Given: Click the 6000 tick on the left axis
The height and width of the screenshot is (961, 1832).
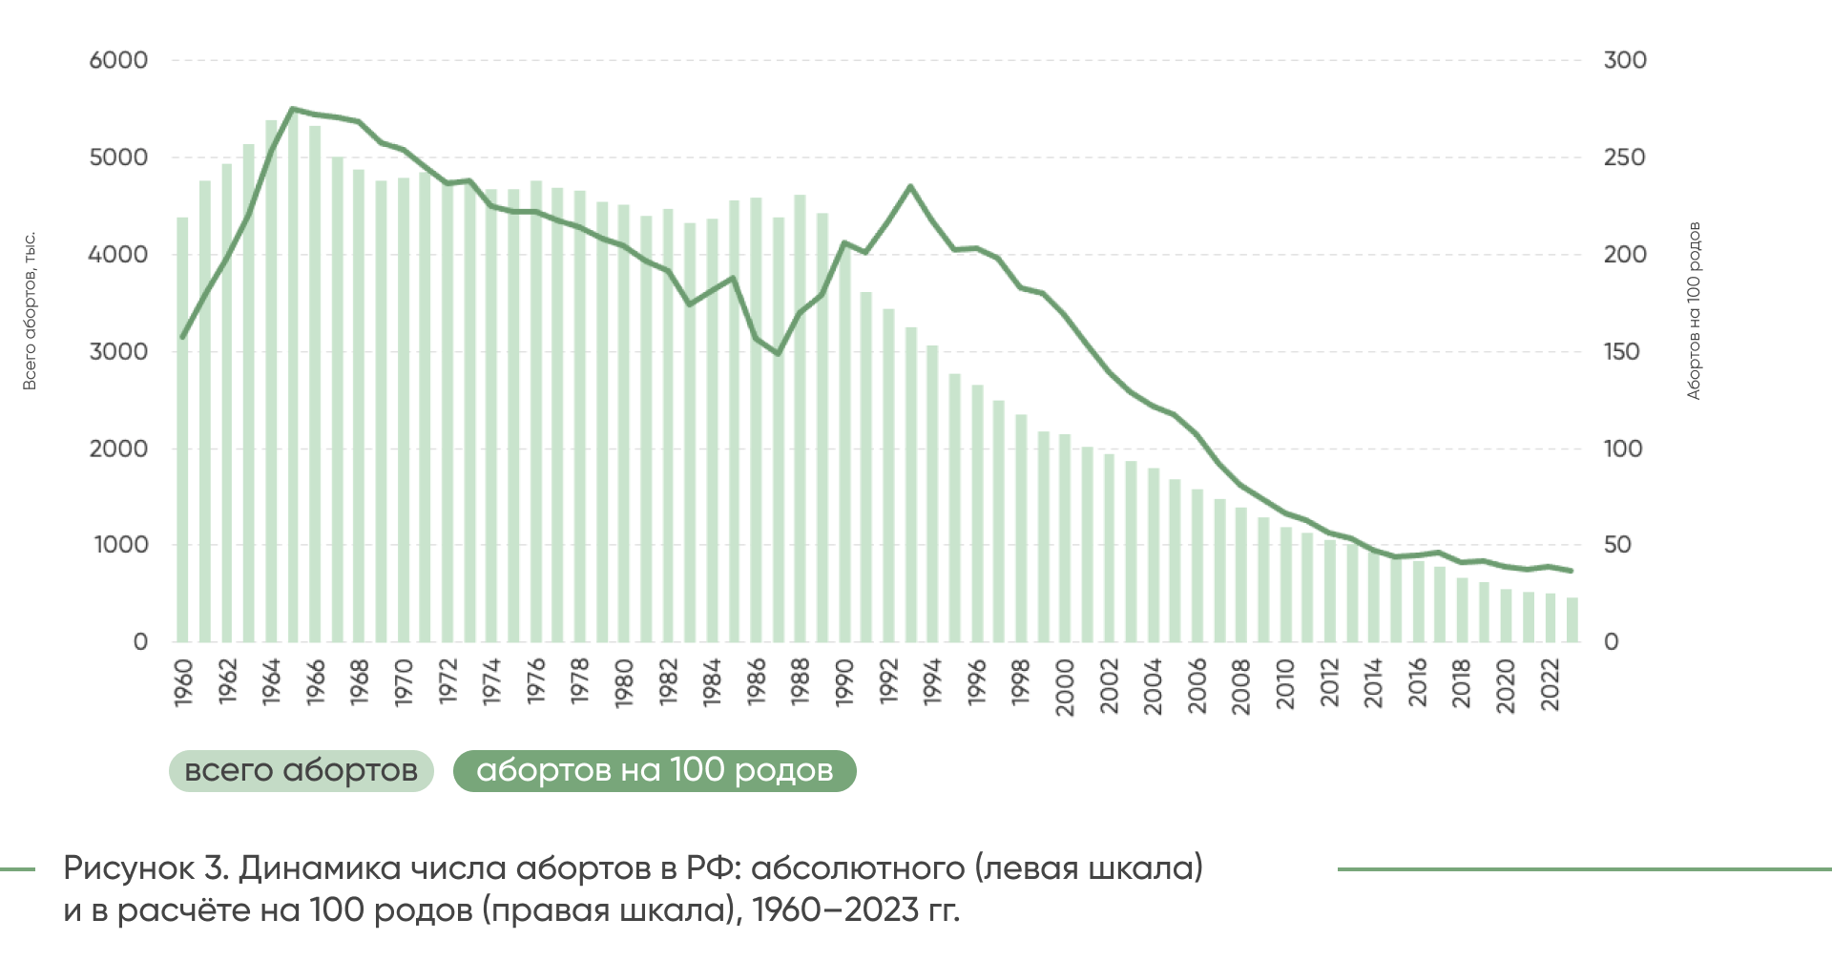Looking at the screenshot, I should click(118, 60).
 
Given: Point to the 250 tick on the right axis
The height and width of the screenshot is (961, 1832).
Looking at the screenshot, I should click(1624, 157).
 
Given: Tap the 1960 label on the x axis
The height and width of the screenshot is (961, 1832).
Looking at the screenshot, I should click(183, 682).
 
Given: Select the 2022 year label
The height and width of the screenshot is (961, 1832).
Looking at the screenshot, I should click(1551, 684).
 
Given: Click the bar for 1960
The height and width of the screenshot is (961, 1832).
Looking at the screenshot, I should click(182, 429).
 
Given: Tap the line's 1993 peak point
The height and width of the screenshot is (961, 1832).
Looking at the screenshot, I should click(910, 186).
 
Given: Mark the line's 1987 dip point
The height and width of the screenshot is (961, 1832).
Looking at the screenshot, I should click(779, 354).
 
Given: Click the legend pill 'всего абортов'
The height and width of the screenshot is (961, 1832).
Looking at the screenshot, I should click(301, 771).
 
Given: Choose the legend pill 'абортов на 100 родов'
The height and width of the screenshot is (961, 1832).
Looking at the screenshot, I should click(655, 771).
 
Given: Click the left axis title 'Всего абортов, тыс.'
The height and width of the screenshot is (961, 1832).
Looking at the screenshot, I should click(30, 311).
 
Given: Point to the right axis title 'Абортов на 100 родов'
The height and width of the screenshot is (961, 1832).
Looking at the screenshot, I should click(1694, 311).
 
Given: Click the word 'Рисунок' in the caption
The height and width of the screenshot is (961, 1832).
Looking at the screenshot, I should click(129, 868).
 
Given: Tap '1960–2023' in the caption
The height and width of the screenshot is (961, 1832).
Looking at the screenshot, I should click(835, 910).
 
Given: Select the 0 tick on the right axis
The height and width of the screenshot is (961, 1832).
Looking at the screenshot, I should click(1611, 642).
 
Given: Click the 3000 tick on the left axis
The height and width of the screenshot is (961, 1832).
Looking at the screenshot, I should click(118, 351).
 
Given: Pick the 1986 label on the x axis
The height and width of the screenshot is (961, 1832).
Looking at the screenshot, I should click(757, 682).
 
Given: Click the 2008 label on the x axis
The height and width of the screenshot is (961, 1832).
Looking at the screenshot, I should click(1241, 685).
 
